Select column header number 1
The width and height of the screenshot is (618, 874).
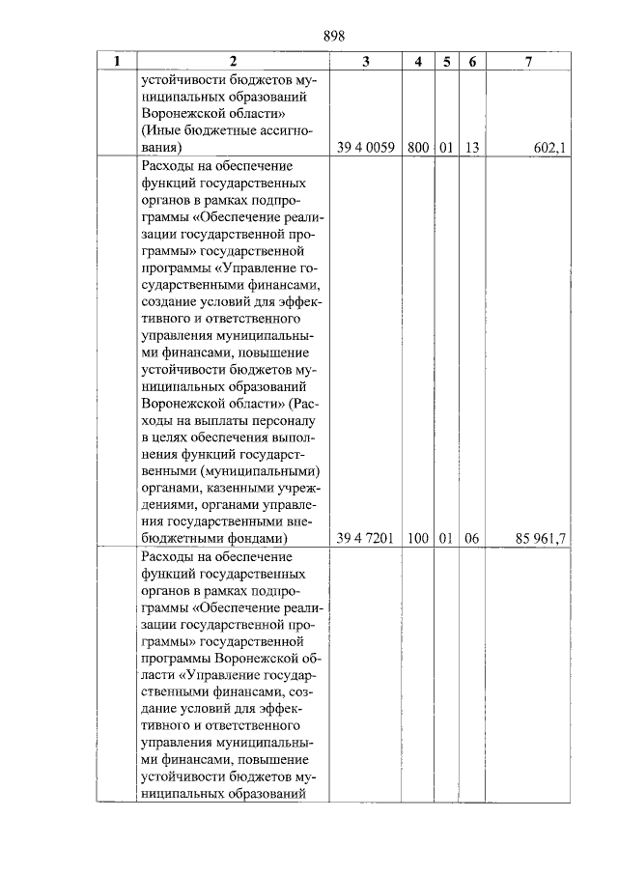click(x=117, y=62)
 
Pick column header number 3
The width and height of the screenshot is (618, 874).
click(x=365, y=62)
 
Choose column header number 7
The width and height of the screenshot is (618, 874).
click(x=528, y=62)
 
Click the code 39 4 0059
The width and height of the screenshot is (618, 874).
click(x=365, y=148)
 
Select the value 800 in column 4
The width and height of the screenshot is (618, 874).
click(x=417, y=148)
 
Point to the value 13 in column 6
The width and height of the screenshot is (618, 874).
click(x=471, y=148)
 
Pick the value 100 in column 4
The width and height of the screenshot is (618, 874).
click(x=417, y=539)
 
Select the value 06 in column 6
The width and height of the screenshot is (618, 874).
click(x=471, y=539)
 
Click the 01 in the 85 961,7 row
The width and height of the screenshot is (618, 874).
click(x=445, y=539)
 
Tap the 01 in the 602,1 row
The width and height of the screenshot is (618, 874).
click(x=445, y=148)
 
